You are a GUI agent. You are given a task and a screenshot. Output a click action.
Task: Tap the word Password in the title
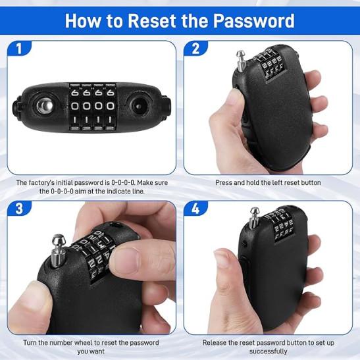point(253,21)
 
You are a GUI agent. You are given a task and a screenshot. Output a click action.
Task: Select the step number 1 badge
point(19,48)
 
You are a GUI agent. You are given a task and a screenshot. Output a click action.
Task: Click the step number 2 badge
point(195,49)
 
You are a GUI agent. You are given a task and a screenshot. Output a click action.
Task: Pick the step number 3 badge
point(19,208)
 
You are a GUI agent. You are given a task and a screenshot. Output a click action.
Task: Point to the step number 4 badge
point(195,209)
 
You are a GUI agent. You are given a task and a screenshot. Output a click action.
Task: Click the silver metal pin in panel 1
point(45,106)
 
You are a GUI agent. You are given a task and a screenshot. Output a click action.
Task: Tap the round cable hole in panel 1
point(138,106)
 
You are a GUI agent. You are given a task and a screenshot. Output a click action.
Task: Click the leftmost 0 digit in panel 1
point(74,106)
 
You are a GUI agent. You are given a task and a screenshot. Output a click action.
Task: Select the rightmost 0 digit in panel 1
point(111,106)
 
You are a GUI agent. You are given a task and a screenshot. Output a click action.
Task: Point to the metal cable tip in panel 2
point(241,61)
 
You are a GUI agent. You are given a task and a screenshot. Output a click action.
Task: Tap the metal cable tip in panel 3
point(58,251)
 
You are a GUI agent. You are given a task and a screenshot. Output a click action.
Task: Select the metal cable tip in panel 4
point(254,218)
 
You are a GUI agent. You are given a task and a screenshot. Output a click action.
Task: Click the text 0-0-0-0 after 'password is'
point(123,183)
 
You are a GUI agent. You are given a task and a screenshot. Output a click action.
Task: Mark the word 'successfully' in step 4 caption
point(268,351)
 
